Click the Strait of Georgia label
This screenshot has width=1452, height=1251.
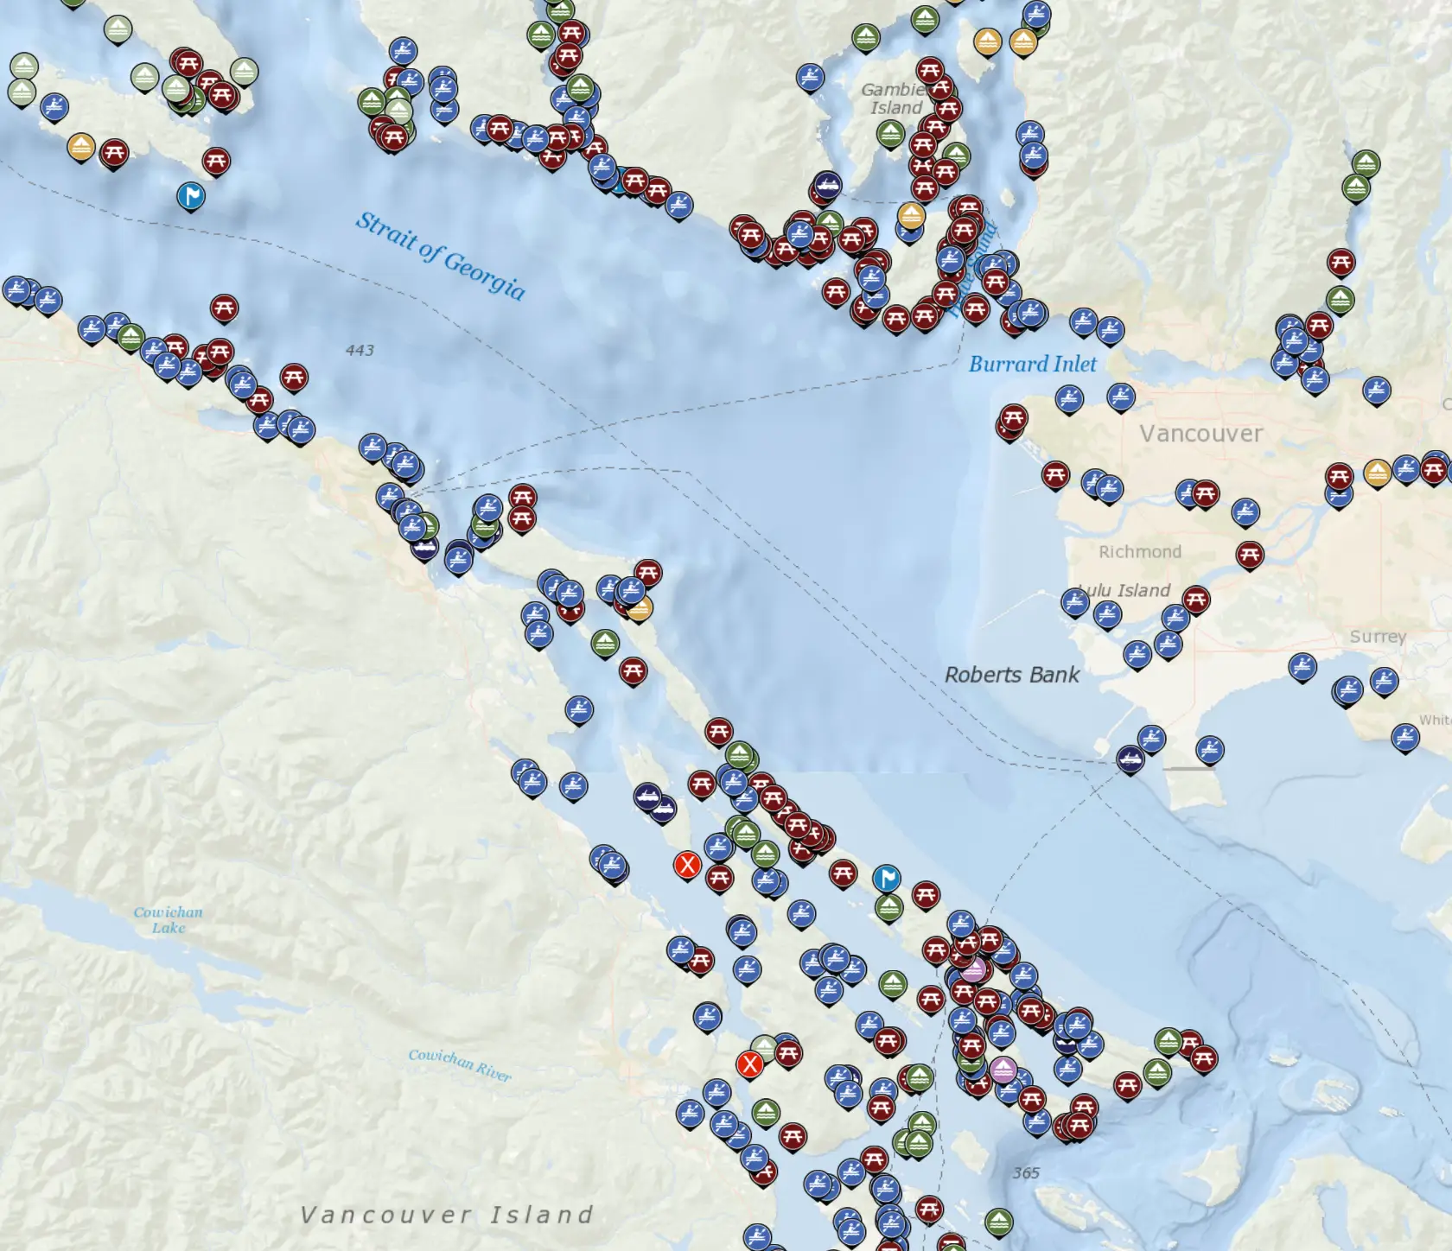point(441,255)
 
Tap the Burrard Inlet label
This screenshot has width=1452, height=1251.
point(1032,364)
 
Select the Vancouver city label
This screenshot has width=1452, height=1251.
point(1200,433)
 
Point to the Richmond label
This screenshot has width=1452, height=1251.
point(1139,551)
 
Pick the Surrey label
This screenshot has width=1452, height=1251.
point(1378,636)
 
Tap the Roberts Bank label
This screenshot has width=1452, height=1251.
point(1011,675)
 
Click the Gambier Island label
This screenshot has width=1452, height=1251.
point(895,98)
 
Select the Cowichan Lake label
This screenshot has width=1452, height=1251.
point(169,919)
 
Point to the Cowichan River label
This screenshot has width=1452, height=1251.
point(460,1064)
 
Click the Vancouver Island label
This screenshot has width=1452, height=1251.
point(446,1215)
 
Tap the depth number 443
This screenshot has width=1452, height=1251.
point(360,350)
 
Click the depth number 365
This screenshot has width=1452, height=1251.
point(1026,1172)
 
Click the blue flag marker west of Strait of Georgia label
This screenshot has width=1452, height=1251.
point(191,196)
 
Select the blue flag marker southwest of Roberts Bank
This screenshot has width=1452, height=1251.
point(887,878)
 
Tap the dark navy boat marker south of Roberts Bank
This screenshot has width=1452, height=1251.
point(1130,759)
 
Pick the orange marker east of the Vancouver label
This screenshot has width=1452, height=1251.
point(1377,472)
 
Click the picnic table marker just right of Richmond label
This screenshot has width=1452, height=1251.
point(1249,554)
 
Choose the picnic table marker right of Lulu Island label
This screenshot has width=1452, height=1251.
point(1196,598)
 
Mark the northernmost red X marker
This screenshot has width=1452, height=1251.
point(687,863)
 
